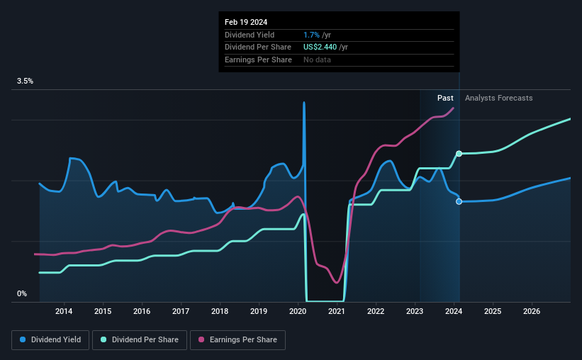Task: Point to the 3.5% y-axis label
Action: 26,81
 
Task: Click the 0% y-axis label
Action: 22,293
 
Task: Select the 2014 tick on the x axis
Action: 64,311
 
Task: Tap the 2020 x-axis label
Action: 298,311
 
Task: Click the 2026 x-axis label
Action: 532,311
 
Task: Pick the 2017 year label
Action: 181,311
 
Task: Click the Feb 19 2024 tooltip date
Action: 247,21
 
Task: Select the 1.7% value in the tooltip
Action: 311,35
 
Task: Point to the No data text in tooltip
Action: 318,60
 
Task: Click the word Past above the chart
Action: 445,98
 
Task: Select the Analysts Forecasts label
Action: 498,98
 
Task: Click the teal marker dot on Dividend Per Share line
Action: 459,153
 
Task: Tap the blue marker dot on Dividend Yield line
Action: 459,201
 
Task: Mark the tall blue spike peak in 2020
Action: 304,103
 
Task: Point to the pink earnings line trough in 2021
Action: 337,282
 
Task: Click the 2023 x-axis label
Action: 415,311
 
